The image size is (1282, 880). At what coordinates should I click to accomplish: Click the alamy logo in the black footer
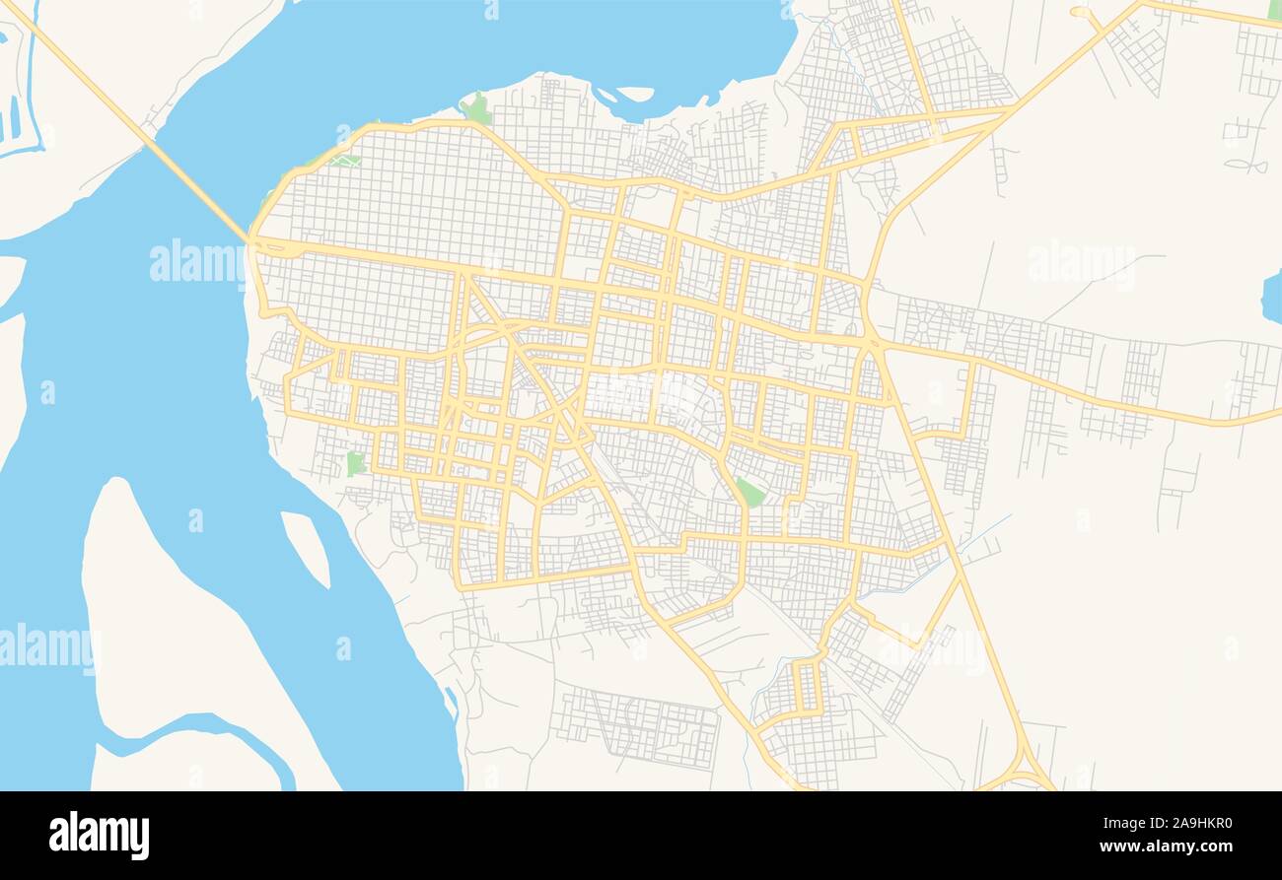tap(99, 835)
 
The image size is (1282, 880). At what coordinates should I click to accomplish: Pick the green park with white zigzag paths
tap(344, 160)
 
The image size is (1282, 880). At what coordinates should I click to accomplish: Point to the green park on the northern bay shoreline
tap(477, 108)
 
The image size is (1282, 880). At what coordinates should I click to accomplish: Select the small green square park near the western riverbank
tap(355, 463)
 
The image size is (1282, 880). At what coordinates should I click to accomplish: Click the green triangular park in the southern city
tap(750, 492)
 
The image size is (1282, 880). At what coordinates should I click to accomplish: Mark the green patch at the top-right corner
tap(1274, 9)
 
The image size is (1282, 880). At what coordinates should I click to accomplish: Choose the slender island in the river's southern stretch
tap(306, 548)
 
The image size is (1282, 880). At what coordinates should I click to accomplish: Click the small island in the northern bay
tap(635, 95)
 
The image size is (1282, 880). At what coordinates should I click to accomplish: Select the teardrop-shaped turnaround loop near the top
tap(1085, 15)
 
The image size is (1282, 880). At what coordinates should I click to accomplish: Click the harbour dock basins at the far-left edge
tap(14, 118)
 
